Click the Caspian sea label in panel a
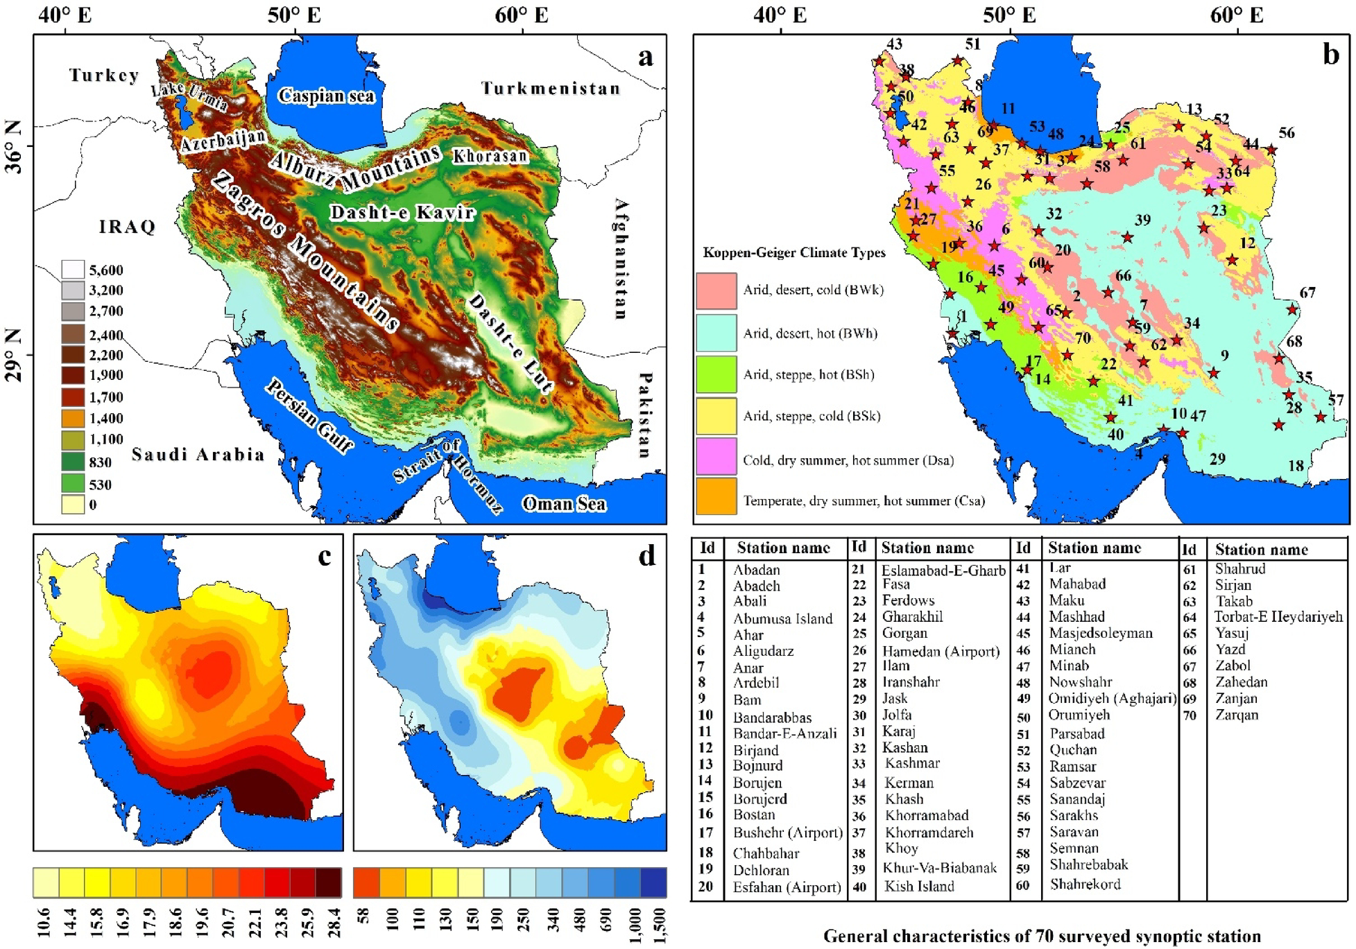[x=326, y=96]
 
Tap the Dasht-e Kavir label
[x=402, y=212]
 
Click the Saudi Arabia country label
[x=198, y=454]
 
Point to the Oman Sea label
[x=563, y=503]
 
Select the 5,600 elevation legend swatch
[x=73, y=269]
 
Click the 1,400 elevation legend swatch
[x=73, y=418]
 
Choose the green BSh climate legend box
[x=716, y=374]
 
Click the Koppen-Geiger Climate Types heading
[x=793, y=252]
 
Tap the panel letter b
[x=1330, y=54]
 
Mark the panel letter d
[x=646, y=555]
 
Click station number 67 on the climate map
[x=1307, y=293]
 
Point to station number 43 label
[x=894, y=44]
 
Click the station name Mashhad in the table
[x=1076, y=616]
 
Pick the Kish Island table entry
[x=919, y=886]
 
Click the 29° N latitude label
[x=14, y=355]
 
